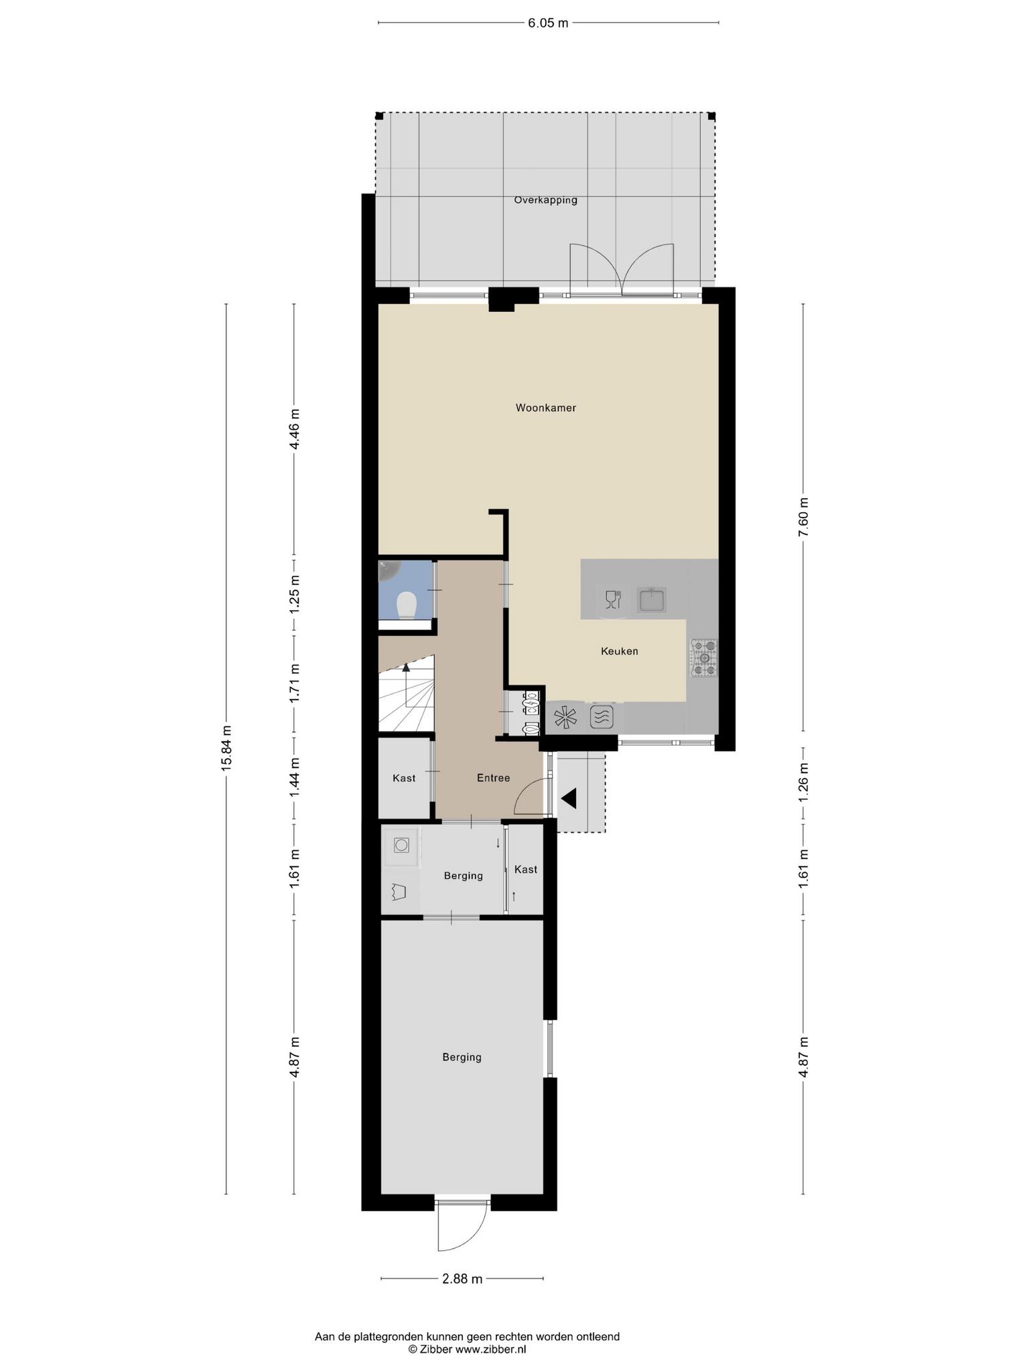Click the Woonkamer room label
pyautogui.click(x=545, y=408)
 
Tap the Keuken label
pyautogui.click(x=619, y=651)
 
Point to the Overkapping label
pyautogui.click(x=545, y=200)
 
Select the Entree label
pyautogui.click(x=493, y=778)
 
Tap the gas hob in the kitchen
pyautogui.click(x=703, y=657)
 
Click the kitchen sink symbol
pyautogui.click(x=652, y=599)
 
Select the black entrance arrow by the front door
pyautogui.click(x=569, y=799)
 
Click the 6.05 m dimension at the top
pyautogui.click(x=548, y=23)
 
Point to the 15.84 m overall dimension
pyautogui.click(x=226, y=748)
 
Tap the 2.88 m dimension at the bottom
pyautogui.click(x=462, y=1279)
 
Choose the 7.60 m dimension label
pyautogui.click(x=804, y=517)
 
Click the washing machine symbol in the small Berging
pyautogui.click(x=401, y=845)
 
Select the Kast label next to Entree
pyautogui.click(x=404, y=778)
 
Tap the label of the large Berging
pyautogui.click(x=462, y=1057)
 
